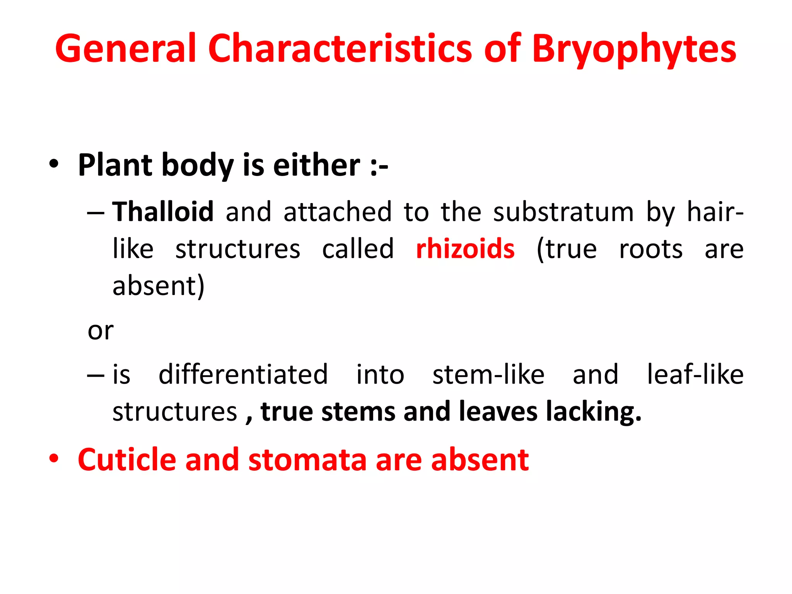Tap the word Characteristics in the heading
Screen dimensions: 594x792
[x=340, y=48]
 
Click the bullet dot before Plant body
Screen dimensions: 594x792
[x=54, y=164]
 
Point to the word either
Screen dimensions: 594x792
[x=317, y=165]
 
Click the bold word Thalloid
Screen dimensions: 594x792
[x=163, y=212]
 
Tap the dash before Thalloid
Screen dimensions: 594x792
[x=96, y=213]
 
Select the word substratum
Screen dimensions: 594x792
[x=563, y=212]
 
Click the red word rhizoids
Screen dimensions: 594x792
[x=465, y=249]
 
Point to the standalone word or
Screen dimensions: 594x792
[x=101, y=331]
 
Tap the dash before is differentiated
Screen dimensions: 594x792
[x=96, y=376]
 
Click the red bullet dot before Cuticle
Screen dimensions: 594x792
[x=54, y=459]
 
